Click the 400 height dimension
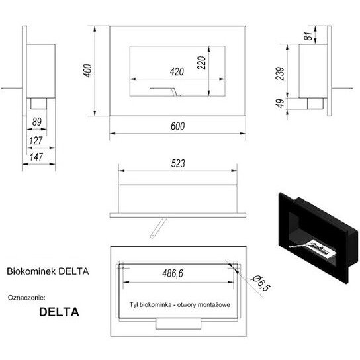(x=88, y=71)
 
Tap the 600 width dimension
(x=178, y=126)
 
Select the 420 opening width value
(x=177, y=72)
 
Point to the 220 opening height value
(x=202, y=63)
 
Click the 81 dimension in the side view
(x=308, y=36)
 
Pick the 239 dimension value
(x=280, y=73)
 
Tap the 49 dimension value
(x=280, y=103)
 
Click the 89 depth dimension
(x=37, y=122)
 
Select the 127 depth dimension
(x=36, y=141)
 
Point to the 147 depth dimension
(x=36, y=157)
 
